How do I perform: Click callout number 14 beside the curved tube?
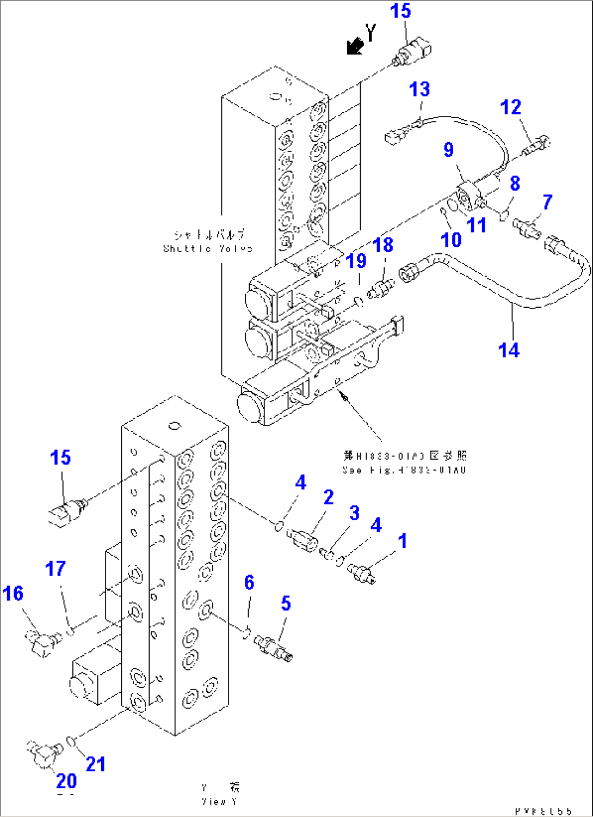coord(509,350)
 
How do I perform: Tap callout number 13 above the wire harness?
coord(419,89)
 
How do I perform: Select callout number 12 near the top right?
coord(510,107)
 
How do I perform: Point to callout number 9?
coord(448,149)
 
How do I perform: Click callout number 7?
coord(547,202)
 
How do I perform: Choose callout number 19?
coord(356,261)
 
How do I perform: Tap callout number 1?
coord(402,541)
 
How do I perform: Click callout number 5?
coord(286,603)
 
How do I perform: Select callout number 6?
coord(249,582)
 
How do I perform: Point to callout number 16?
coord(13,593)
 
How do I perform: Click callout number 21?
coord(96,764)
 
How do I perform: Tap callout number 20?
coord(66,781)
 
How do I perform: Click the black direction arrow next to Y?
coord(355,47)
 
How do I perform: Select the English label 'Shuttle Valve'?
coord(208,249)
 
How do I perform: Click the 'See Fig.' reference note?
coord(404,470)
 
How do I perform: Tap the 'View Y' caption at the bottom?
coord(219,801)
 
